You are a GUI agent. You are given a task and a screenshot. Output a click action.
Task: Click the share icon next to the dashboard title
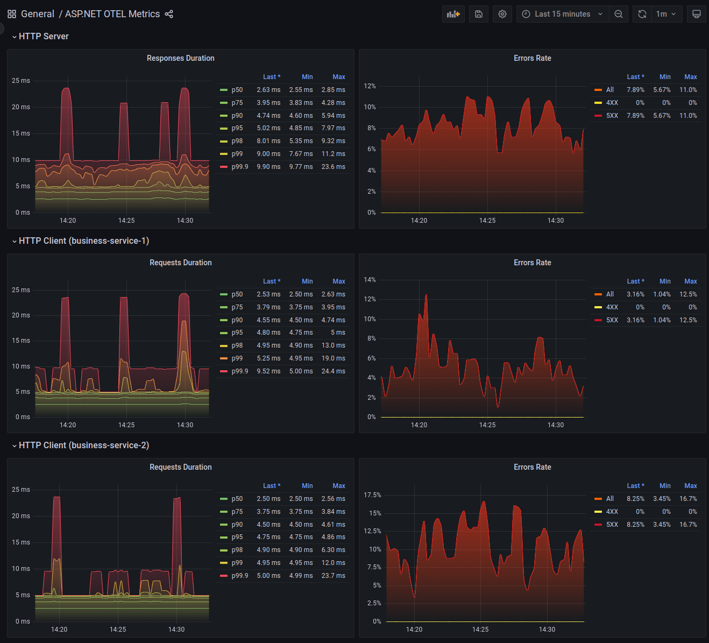(x=169, y=14)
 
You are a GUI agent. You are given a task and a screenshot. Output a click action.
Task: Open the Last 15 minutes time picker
(x=562, y=14)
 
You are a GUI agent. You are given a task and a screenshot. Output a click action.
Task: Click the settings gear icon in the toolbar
(x=502, y=14)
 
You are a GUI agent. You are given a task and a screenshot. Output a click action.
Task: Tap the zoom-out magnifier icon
(x=619, y=14)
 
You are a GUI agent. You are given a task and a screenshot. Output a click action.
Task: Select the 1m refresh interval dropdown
(x=666, y=14)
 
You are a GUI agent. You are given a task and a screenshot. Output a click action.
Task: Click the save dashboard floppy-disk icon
(x=479, y=14)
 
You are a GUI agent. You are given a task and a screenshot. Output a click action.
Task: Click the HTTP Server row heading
(x=44, y=36)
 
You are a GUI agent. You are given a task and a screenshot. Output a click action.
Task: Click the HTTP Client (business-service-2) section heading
(x=84, y=445)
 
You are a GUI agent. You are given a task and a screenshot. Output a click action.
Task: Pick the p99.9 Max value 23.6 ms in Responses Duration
(x=333, y=167)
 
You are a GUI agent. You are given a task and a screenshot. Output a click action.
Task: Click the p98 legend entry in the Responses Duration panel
(x=237, y=141)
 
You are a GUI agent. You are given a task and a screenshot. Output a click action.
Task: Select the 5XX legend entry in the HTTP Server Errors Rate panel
(x=612, y=116)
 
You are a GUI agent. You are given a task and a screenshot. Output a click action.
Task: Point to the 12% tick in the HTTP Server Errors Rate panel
(x=370, y=86)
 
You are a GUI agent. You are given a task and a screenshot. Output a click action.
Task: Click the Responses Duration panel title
(x=180, y=58)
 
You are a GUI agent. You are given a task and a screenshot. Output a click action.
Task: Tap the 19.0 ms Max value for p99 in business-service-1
(x=333, y=358)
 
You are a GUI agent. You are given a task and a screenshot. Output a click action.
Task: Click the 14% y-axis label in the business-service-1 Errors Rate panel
(x=370, y=280)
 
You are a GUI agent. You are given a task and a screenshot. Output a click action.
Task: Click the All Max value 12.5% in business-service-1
(x=688, y=294)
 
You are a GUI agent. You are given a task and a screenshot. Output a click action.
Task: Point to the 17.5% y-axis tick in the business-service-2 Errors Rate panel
(x=372, y=495)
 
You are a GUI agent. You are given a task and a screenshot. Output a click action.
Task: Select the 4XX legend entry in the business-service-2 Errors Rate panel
(x=612, y=512)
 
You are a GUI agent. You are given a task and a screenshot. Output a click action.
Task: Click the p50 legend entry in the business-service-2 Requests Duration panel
(x=237, y=499)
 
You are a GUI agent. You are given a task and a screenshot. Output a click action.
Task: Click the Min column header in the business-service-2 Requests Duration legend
(x=307, y=486)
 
